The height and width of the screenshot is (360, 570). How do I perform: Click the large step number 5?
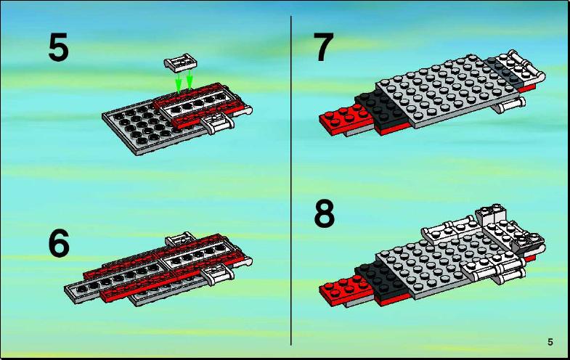click(x=58, y=47)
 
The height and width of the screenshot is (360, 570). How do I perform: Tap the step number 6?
click(x=59, y=243)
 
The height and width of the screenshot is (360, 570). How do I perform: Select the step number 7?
click(x=323, y=47)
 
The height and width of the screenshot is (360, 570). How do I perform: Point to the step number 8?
click(x=324, y=214)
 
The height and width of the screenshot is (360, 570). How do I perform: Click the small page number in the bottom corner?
click(x=550, y=342)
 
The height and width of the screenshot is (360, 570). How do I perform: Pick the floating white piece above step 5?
click(x=180, y=63)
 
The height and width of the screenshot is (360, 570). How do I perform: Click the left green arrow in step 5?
click(x=178, y=83)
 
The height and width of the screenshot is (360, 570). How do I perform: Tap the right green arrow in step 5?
click(x=190, y=80)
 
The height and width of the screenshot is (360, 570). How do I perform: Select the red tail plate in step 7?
click(x=346, y=119)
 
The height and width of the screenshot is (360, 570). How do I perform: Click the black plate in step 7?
click(x=382, y=109)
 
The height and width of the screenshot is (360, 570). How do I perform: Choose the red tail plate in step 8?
click(x=346, y=290)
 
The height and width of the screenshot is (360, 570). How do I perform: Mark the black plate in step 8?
click(x=382, y=279)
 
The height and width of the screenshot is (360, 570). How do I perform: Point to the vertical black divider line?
click(x=291, y=181)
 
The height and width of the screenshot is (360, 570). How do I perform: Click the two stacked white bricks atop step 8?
click(x=491, y=214)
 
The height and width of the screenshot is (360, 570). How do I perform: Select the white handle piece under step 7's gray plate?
click(x=509, y=106)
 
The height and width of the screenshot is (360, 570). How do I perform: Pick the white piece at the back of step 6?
click(x=180, y=239)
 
